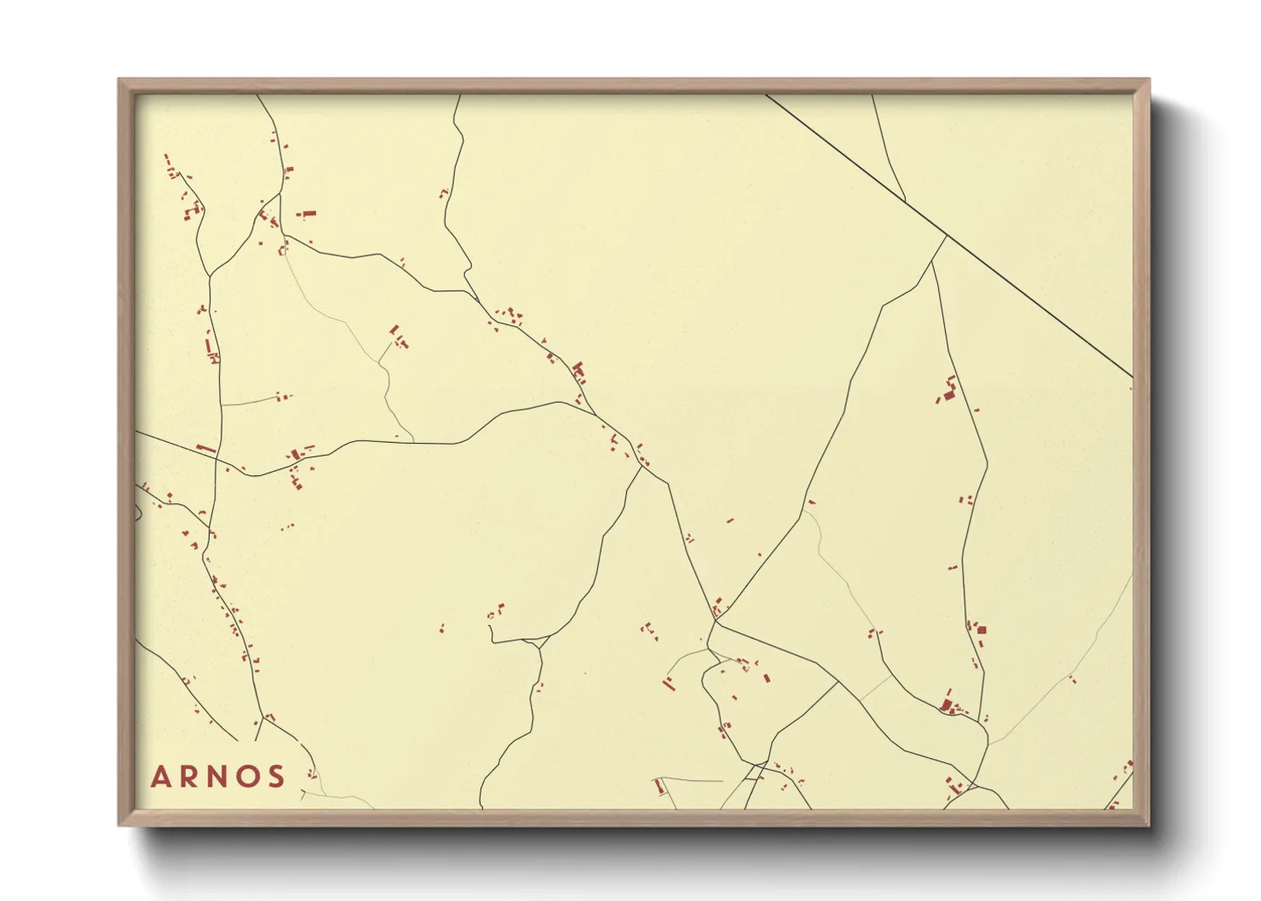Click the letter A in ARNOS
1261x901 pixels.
point(161,777)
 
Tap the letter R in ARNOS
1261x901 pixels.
point(190,777)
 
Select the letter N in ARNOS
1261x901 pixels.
point(218,777)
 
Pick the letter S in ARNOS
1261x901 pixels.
point(275,777)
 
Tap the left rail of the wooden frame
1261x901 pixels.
point(126,451)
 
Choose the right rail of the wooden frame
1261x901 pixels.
point(1142,451)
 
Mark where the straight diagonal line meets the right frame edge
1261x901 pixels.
point(1132,376)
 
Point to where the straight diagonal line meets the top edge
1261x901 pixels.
point(766,95)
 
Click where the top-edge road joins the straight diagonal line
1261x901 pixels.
point(905,202)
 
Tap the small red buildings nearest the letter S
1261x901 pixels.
point(312,773)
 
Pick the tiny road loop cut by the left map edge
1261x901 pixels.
point(138,512)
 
